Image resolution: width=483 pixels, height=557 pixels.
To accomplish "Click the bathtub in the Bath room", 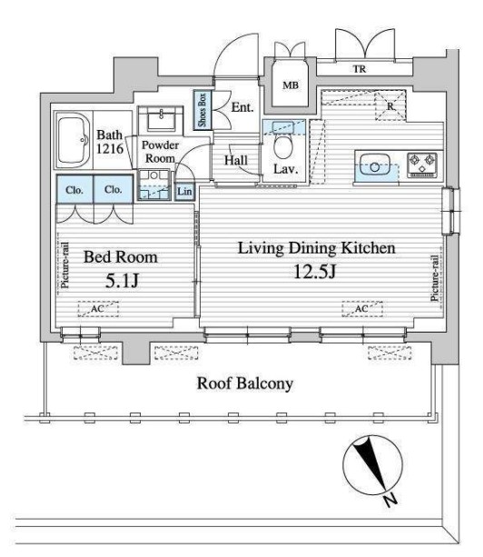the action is [x=74, y=140].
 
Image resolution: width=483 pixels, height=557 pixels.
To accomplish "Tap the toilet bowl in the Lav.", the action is [x=283, y=147].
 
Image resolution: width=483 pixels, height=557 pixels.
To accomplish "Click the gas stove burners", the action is [x=421, y=164].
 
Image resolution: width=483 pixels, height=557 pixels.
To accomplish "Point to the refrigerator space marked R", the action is [x=390, y=105].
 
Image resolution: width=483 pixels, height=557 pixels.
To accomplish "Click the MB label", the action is [x=291, y=85].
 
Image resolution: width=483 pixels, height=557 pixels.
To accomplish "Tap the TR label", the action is [x=360, y=69].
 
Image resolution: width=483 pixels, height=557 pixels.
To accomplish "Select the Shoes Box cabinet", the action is [x=202, y=110].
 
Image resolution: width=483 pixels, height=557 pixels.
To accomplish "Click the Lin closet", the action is [x=184, y=192].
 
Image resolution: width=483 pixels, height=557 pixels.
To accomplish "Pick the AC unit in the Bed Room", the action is [x=98, y=309].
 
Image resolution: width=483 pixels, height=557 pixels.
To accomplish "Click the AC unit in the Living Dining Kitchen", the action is [x=362, y=309].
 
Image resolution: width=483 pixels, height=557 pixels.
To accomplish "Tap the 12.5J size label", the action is [x=315, y=272].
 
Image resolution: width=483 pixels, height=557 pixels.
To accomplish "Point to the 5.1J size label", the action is [x=122, y=281].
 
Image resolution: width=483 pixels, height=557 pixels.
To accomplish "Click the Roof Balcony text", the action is [x=245, y=383].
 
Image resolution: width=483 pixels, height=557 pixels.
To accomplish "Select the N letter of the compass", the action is [x=390, y=500].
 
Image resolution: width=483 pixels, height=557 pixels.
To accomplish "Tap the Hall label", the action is [x=236, y=160].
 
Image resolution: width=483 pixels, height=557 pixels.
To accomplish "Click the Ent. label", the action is [x=242, y=107].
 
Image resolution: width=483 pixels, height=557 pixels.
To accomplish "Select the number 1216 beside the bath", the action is [x=110, y=148].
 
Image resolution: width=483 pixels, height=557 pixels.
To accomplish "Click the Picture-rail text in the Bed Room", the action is [x=64, y=265].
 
